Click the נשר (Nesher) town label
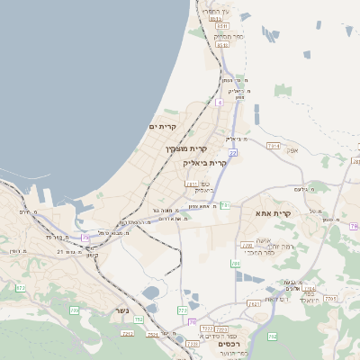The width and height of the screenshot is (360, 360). pyautogui.click(x=122, y=310)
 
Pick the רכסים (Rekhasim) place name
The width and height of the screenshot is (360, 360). pyautogui.click(x=230, y=345)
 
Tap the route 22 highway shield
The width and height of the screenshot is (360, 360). pyautogui.click(x=232, y=154)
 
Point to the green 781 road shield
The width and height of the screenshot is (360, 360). pyautogui.click(x=226, y=205)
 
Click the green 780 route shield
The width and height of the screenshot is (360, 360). pyautogui.click(x=235, y=264)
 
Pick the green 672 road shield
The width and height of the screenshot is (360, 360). pyautogui.click(x=21, y=288)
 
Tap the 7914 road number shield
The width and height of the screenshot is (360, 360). pyautogui.click(x=274, y=145)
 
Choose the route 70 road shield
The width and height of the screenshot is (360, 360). pyautogui.click(x=193, y=321)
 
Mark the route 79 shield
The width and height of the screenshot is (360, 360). pyautogui.click(x=355, y=227)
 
